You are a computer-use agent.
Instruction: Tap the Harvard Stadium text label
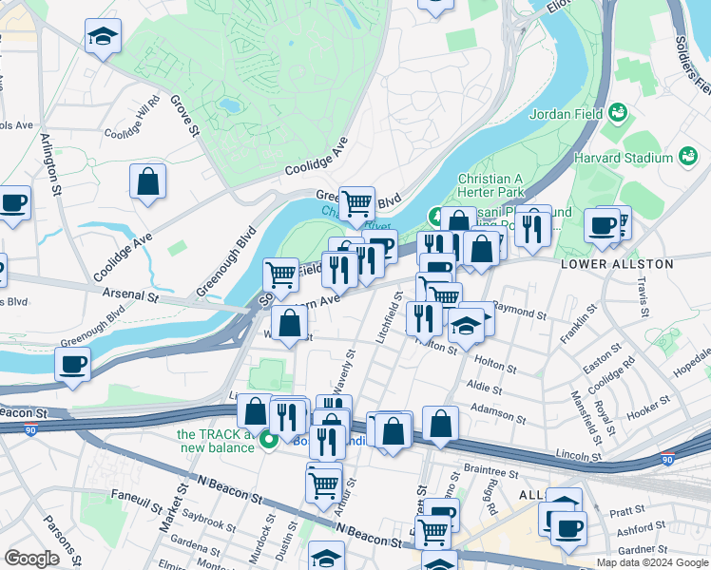(x=632, y=157)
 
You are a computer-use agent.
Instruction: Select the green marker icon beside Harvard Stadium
(x=687, y=157)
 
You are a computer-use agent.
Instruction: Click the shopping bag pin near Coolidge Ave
(x=147, y=180)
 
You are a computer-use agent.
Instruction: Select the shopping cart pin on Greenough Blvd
(x=356, y=201)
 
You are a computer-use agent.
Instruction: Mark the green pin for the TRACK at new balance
(x=269, y=440)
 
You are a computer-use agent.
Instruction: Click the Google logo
(x=32, y=559)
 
